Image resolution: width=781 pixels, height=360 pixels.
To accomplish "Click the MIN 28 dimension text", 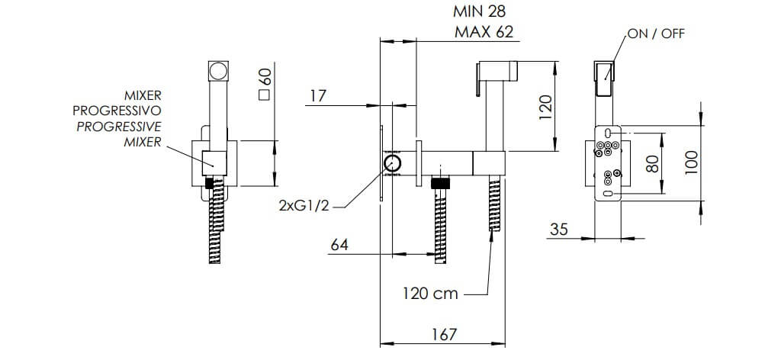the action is click(480, 11).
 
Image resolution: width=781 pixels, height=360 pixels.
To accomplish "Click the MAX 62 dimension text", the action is click(484, 32).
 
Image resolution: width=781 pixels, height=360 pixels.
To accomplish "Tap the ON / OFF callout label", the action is click(656, 34).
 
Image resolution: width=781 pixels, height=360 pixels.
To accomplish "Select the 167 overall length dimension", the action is click(443, 334).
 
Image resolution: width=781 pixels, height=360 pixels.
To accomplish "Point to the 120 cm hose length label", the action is click(430, 294).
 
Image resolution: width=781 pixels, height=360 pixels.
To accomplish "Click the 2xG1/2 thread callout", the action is click(304, 205).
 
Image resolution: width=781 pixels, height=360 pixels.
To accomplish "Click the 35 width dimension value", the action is click(559, 230).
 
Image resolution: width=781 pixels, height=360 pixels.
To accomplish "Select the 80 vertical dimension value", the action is click(652, 162).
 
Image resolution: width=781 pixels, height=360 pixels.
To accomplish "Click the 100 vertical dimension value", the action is click(691, 162).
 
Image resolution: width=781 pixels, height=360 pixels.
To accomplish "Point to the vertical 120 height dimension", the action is click(546, 106).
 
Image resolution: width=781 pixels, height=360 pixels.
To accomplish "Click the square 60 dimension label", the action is click(265, 85).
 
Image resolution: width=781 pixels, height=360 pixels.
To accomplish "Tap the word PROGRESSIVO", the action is click(117, 111).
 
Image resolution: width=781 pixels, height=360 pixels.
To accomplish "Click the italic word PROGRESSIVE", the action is click(118, 127).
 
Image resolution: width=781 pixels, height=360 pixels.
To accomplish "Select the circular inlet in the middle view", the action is click(393, 162).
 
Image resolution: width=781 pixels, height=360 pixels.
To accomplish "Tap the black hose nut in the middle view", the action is click(441, 183).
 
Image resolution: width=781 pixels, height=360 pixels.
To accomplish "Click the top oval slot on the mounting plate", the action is click(608, 133).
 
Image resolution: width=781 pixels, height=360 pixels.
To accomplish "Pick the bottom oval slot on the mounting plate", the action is click(608, 193).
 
